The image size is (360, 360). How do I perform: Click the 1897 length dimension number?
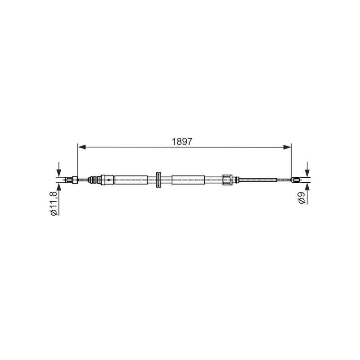(182, 142)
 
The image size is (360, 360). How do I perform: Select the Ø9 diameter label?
(301, 198)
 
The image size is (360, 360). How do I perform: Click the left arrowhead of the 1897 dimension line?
(82, 147)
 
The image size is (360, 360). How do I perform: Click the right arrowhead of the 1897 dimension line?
(287, 147)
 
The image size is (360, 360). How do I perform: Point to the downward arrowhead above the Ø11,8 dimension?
(59, 173)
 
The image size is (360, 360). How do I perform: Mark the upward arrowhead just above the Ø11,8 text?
(59, 187)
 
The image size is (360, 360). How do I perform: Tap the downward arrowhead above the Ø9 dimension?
(307, 173)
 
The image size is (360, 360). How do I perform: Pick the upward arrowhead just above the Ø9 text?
(307, 186)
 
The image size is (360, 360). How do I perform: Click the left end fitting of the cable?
(72, 180)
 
